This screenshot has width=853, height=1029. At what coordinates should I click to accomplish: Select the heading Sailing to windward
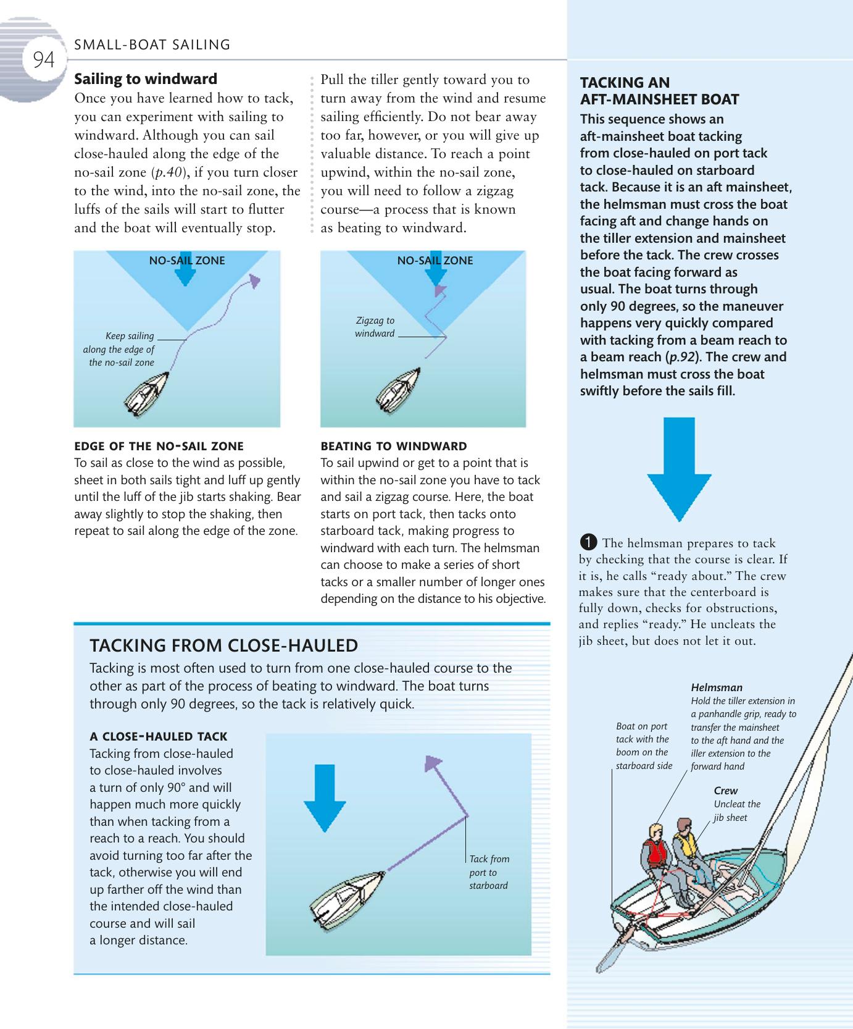click(x=146, y=79)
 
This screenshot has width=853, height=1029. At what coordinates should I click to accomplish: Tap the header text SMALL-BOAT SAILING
click(x=152, y=44)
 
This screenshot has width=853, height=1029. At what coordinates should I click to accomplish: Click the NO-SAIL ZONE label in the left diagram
click(x=187, y=261)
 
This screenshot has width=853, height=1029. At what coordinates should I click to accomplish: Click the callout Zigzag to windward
click(x=375, y=327)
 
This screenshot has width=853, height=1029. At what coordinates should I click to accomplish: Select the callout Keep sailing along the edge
click(x=121, y=349)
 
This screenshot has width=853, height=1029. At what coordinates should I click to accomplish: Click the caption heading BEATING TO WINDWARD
click(x=394, y=446)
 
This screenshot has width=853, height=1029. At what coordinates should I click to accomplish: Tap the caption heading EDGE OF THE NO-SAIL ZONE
click(x=159, y=446)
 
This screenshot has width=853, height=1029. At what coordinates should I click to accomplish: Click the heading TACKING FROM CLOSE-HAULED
click(x=223, y=645)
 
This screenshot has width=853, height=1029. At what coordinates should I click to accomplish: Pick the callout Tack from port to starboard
click(x=489, y=872)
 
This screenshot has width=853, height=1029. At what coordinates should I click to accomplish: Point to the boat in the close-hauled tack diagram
click(x=346, y=897)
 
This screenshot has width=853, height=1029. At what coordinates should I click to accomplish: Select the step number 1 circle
click(x=588, y=542)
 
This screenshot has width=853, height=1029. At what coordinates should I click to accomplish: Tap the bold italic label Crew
click(x=725, y=791)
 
